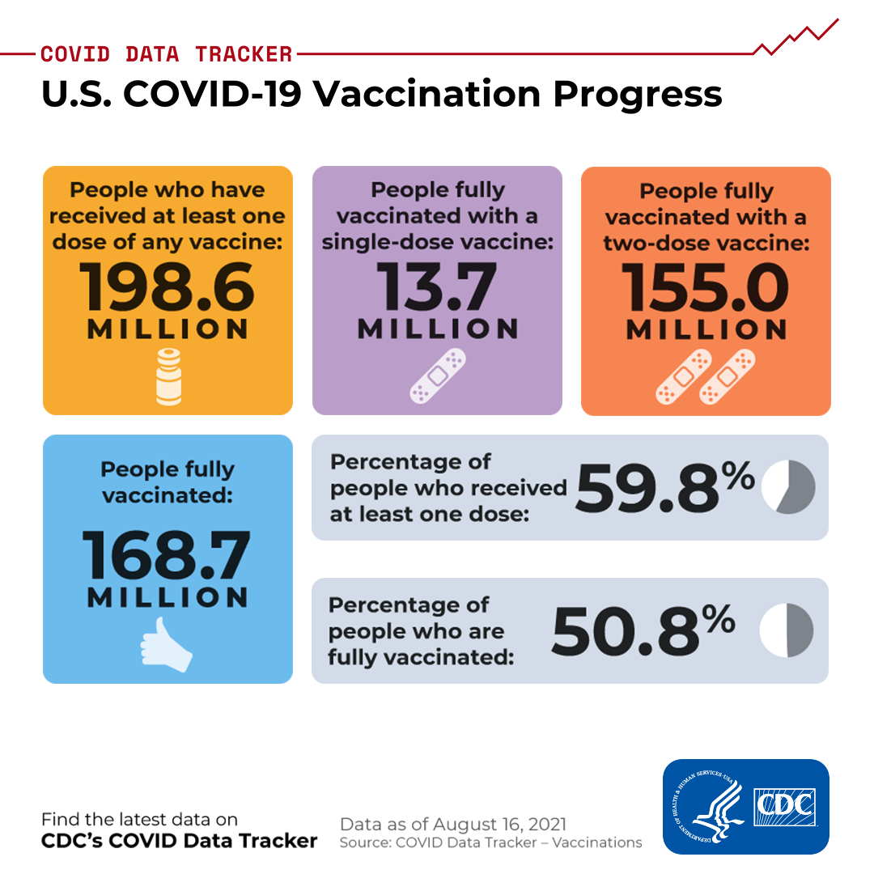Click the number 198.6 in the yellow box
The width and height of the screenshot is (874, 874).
click(x=167, y=287)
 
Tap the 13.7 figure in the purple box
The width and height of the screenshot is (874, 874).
click(x=436, y=287)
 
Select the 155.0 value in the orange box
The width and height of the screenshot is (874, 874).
click(x=705, y=287)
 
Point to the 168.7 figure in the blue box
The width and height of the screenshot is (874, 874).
click(x=167, y=555)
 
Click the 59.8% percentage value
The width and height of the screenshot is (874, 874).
click(x=665, y=487)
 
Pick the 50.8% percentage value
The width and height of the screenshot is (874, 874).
click(x=644, y=630)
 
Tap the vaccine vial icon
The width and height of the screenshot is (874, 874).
click(x=168, y=376)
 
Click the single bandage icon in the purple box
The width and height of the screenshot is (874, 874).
click(x=438, y=375)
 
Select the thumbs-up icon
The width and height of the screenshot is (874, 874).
click(x=166, y=644)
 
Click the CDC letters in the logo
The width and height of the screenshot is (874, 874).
click(x=784, y=807)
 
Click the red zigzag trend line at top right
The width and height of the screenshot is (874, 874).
click(x=796, y=38)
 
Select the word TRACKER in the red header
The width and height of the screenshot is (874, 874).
click(x=244, y=54)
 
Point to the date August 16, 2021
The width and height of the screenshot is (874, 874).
click(x=499, y=824)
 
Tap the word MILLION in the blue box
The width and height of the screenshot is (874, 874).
click(x=168, y=597)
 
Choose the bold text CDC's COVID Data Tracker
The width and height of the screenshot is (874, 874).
click(x=179, y=841)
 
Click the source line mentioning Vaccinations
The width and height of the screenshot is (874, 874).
click(x=490, y=842)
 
